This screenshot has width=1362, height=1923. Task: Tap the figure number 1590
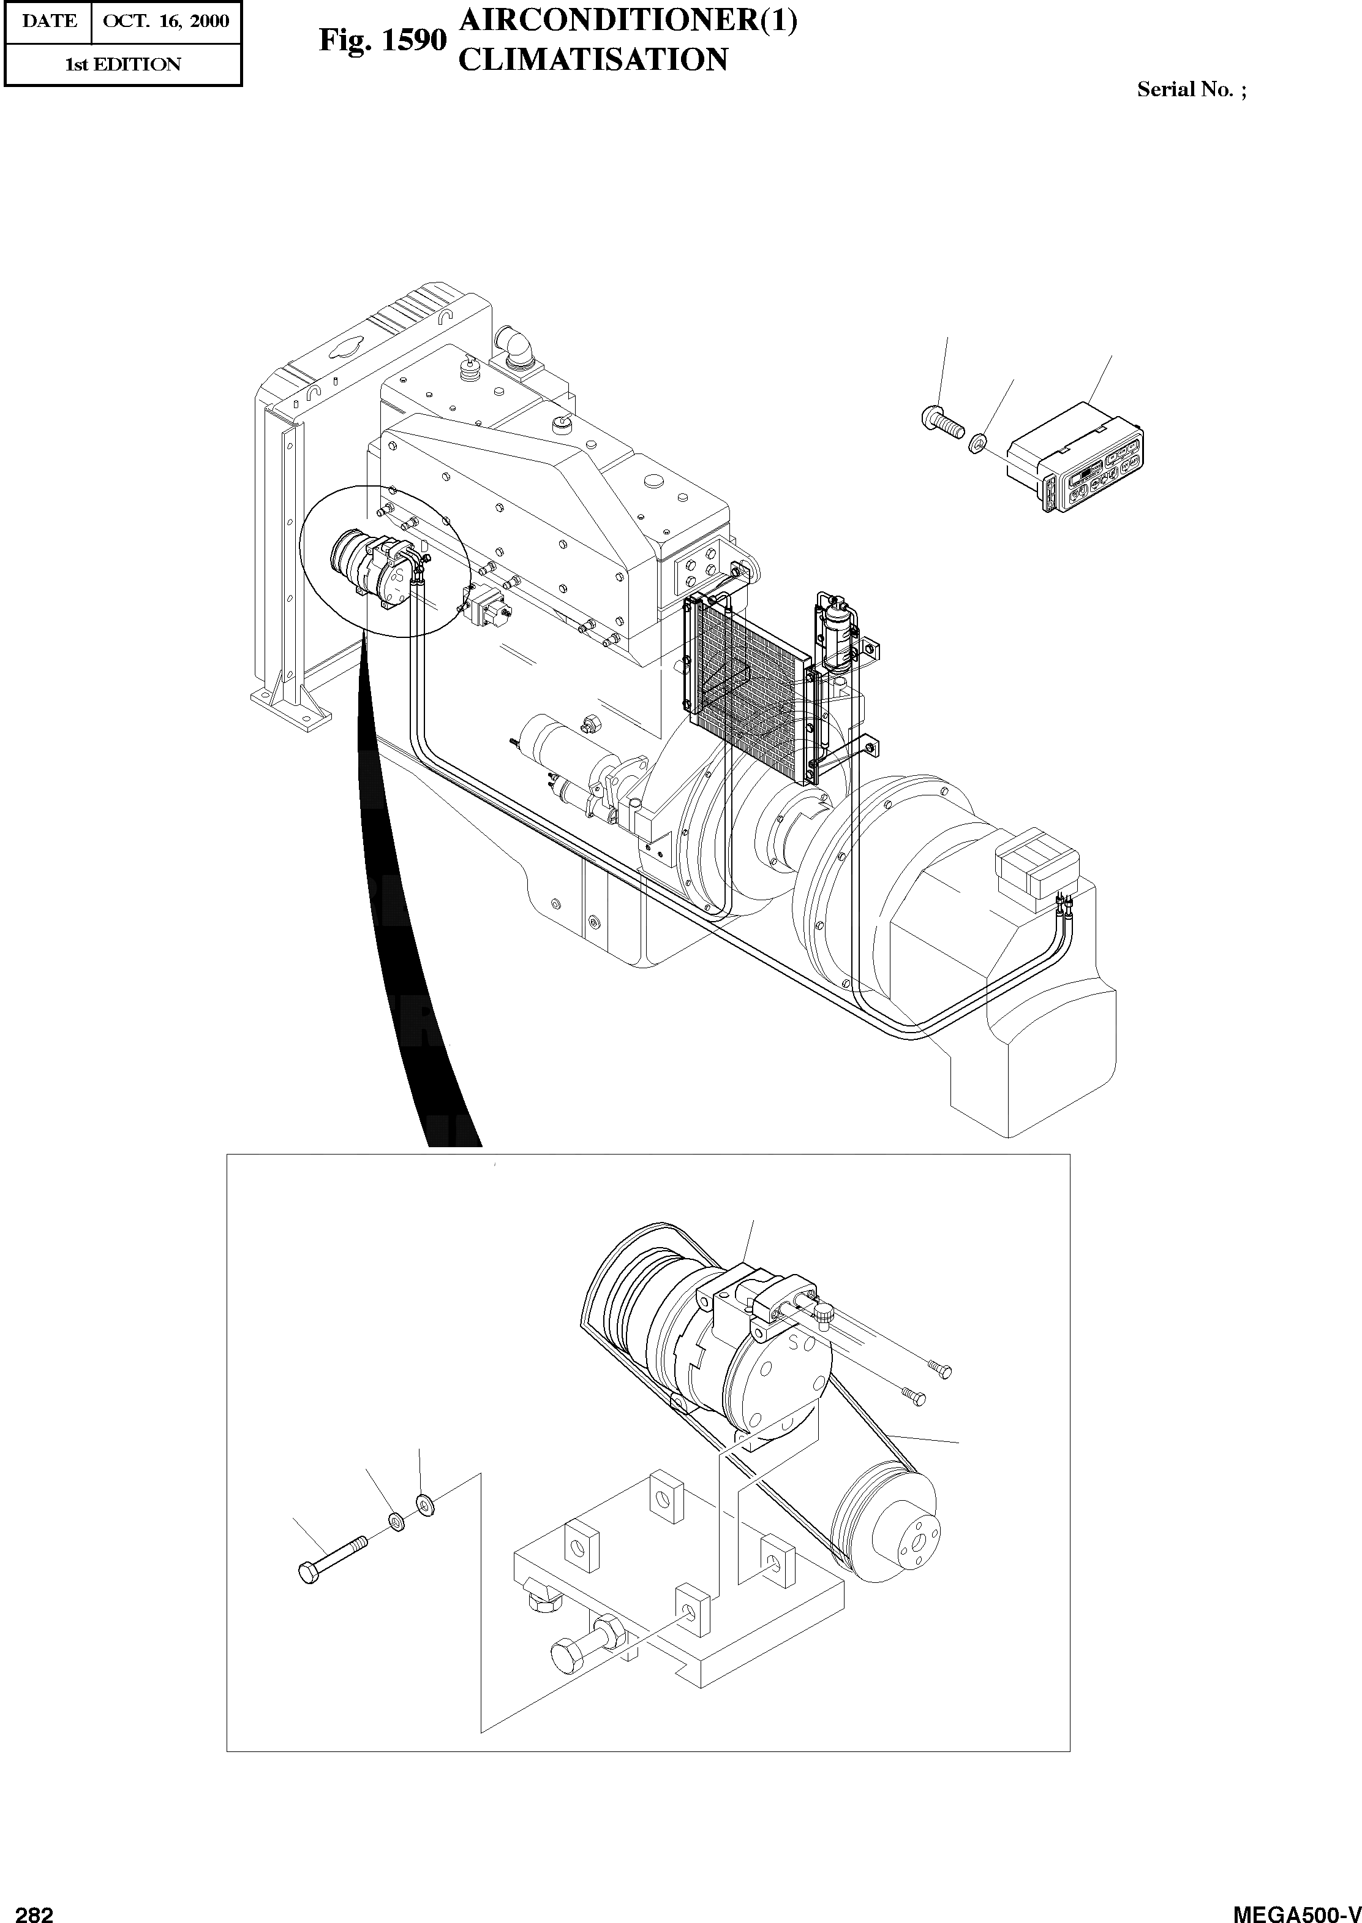pos(382,40)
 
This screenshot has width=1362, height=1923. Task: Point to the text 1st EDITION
pos(123,64)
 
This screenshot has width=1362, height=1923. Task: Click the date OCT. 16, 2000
pos(165,21)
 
